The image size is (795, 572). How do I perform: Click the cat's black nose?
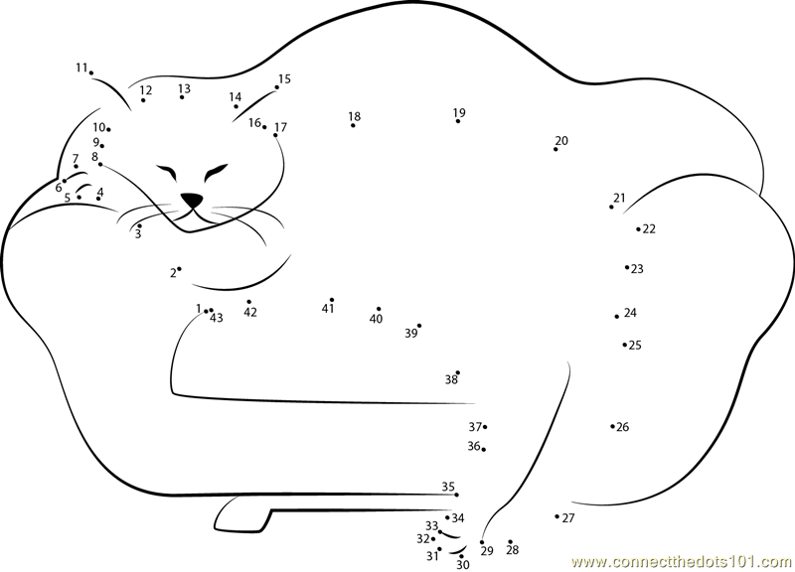pos(192,201)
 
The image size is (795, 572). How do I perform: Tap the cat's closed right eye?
pos(216,172)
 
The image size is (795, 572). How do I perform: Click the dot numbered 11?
pos(91,72)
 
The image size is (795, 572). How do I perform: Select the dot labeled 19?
pos(458,121)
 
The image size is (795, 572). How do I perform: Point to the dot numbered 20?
pos(556,150)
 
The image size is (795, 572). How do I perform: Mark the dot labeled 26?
pos(612,427)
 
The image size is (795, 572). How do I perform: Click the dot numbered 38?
pos(458,372)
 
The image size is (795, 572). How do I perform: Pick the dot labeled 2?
pos(179,269)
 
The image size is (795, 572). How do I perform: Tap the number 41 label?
pos(328,308)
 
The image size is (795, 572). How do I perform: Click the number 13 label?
pos(184,88)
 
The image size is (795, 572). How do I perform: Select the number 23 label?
pos(637,269)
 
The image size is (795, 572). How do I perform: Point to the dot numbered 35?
pos(456,495)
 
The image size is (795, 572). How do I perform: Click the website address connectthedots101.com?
pos(682,562)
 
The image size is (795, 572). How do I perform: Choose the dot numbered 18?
pos(353,125)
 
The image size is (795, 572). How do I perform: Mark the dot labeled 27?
pos(557,516)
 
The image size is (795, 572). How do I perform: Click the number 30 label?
pos(463,565)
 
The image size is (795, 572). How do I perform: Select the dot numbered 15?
pos(277,87)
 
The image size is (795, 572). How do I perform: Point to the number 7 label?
pos(76,159)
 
